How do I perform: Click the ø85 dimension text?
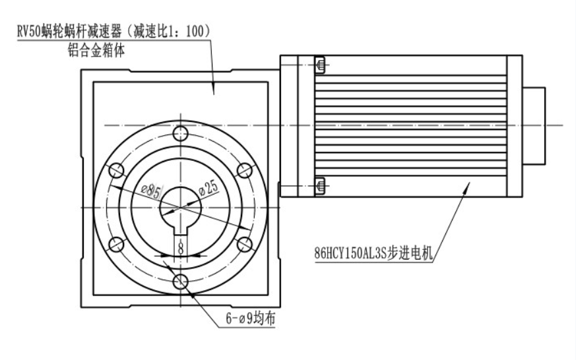click(x=151, y=192)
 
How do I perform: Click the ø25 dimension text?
click(x=208, y=189)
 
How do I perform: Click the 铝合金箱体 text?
click(x=99, y=50)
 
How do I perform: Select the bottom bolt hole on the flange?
click(x=181, y=282)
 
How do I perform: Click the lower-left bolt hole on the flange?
click(x=117, y=245)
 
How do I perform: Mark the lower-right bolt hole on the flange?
click(x=245, y=245)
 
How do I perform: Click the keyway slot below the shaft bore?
click(x=181, y=230)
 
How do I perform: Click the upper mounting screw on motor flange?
click(x=320, y=65)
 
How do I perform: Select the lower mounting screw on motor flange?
click(x=320, y=187)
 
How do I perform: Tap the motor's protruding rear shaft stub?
click(x=535, y=126)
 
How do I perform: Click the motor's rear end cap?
click(x=513, y=126)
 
